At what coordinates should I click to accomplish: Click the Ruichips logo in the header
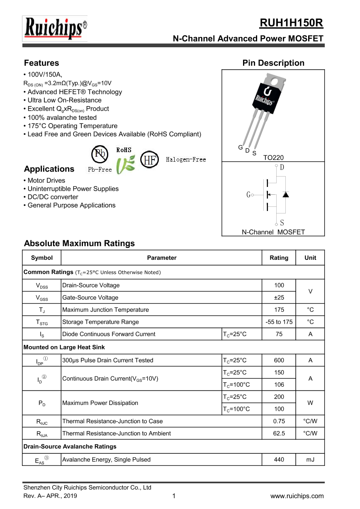pos(55,29)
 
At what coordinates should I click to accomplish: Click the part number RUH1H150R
pos(291,23)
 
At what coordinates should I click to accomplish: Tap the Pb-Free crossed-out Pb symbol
pos(100,154)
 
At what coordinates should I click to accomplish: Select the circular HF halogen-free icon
pos(150,160)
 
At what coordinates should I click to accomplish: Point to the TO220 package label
pos(273,158)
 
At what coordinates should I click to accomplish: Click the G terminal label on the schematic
pos(248,195)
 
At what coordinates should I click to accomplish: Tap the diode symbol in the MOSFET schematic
pos(285,194)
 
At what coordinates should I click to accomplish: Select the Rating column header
pos(279,258)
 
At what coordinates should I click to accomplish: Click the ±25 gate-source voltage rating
pos(279,298)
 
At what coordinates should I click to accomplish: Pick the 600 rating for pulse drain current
pos(279,360)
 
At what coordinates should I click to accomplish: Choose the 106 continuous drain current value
pos(279,385)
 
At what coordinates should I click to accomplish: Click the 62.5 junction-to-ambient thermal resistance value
pos(279,434)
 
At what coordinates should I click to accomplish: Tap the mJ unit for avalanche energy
pos(310,459)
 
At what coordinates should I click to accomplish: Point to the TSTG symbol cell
pos(42,322)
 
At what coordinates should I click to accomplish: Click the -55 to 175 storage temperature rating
pos(279,322)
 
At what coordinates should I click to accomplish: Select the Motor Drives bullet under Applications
pos(46,180)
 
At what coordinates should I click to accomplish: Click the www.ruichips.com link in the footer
pos(297,496)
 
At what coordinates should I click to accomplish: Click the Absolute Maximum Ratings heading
pos(79,243)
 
